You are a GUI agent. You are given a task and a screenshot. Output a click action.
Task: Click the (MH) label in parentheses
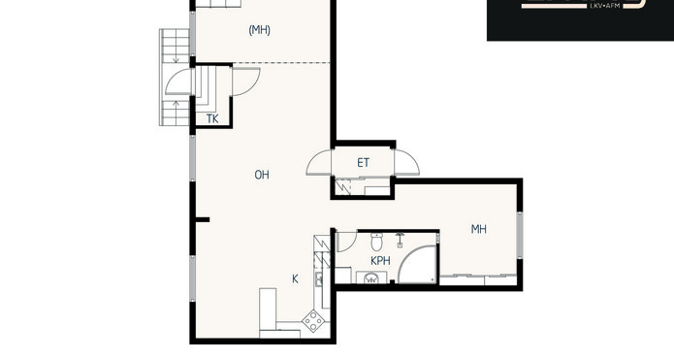260,30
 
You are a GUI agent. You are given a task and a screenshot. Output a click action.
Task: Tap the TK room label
212,118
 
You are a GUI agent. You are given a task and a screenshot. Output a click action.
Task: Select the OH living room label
262,175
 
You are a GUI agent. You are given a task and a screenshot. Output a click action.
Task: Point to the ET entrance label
364,163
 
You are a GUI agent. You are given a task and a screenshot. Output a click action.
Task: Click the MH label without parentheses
479,229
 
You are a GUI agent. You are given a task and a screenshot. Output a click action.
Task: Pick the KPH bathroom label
380,261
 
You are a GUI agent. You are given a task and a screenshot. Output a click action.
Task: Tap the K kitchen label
296,279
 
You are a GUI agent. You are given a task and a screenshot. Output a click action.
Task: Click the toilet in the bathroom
377,242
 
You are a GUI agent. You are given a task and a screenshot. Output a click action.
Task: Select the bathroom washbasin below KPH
371,278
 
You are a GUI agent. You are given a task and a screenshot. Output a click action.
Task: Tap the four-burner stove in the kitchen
313,321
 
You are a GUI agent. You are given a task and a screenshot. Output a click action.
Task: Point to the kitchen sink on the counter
319,279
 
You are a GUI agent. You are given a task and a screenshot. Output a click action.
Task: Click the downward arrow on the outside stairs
176,58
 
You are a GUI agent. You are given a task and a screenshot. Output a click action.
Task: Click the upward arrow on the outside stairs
176,106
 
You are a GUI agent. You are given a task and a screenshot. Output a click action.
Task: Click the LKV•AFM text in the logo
603,6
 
